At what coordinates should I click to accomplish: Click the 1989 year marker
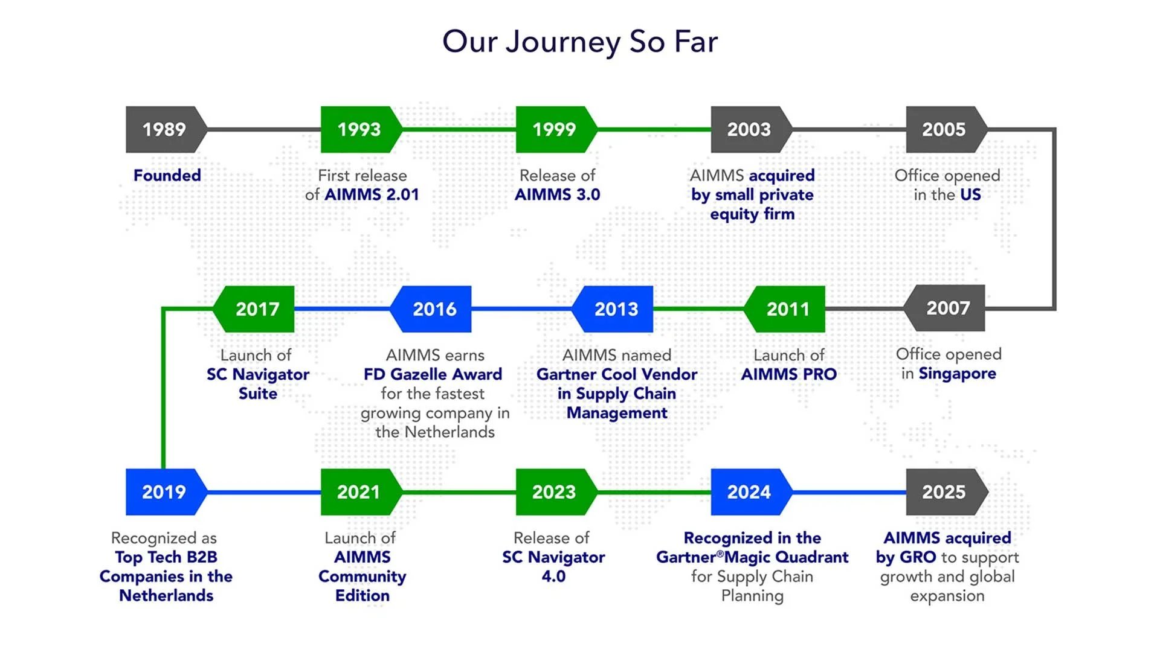coord(164,129)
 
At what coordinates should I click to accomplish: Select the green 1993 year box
coord(359,129)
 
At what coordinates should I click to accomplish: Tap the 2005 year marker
coord(944,129)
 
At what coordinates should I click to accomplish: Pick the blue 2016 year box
coord(434,309)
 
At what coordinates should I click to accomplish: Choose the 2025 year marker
coord(944,492)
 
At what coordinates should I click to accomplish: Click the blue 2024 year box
coord(749,492)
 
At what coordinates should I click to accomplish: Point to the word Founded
coord(167,175)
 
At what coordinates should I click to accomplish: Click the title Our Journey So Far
coord(580,41)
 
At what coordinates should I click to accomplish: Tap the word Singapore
coord(957,374)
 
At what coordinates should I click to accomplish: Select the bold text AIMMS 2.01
coord(372,194)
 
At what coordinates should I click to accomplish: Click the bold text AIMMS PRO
coord(788,374)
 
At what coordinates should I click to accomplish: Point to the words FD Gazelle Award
coord(433,374)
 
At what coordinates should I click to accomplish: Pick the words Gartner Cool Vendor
coord(617,374)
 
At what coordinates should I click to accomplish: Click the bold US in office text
coord(970,194)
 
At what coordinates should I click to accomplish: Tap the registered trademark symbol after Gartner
coord(720,553)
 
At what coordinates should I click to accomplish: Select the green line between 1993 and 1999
coord(459,129)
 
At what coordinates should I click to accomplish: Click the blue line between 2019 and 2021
coord(264,492)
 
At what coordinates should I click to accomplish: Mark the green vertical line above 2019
coord(163,392)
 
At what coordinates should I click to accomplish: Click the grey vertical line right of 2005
coord(1054,217)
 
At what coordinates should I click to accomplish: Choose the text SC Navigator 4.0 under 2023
coord(553,566)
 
